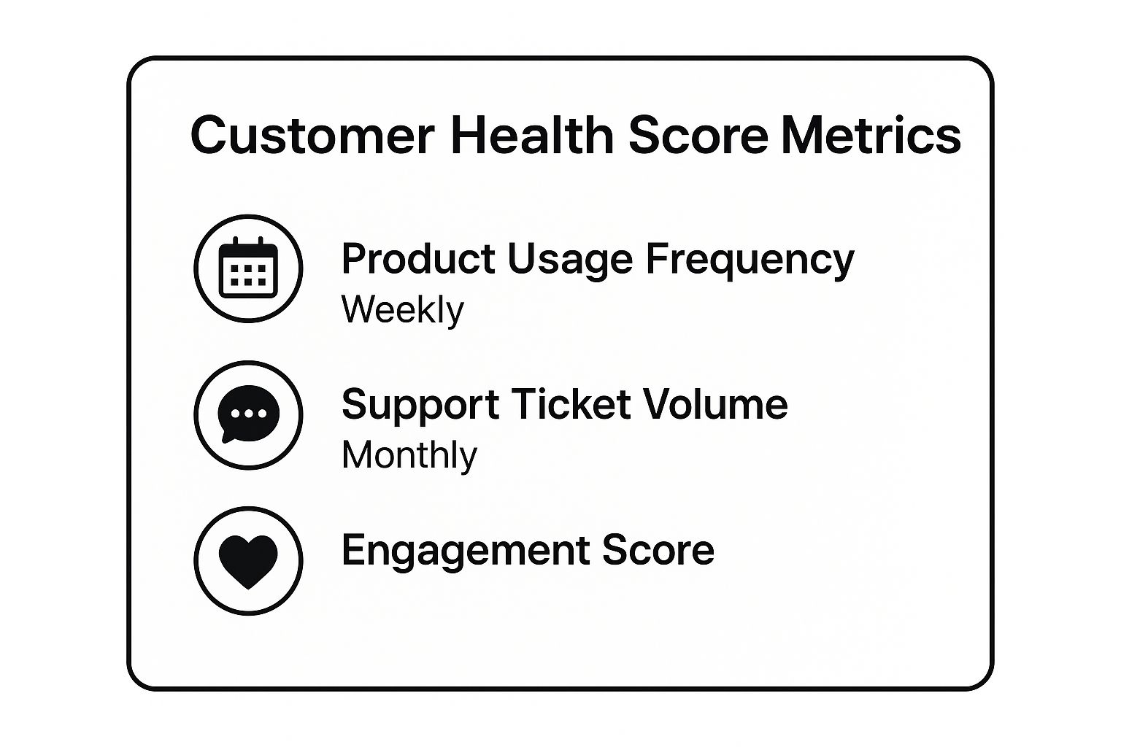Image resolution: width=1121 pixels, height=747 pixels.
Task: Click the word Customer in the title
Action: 313,136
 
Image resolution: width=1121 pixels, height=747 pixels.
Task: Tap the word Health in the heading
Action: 533,134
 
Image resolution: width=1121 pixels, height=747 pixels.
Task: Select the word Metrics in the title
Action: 871,135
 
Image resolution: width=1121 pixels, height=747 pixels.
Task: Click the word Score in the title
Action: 698,136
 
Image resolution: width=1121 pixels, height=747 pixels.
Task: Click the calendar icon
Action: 248,268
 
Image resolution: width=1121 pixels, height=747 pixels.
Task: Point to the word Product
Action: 418,259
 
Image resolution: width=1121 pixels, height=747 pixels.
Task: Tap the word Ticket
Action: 571,403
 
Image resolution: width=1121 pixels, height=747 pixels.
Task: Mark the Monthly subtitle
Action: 409,456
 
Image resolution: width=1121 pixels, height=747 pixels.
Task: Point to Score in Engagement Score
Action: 658,550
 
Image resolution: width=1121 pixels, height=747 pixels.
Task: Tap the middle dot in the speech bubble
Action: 249,414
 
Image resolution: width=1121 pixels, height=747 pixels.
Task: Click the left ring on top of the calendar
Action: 235,242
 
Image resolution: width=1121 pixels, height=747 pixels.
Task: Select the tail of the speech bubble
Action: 228,437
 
